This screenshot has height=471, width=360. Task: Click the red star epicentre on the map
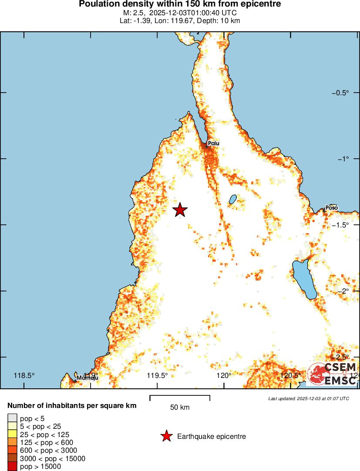point(180,210)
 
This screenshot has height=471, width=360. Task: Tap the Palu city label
point(214,143)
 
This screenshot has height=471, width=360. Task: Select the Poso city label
point(332,208)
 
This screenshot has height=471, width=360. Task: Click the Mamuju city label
point(87,377)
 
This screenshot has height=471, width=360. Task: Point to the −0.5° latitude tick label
point(341,93)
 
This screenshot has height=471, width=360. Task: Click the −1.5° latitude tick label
point(341,225)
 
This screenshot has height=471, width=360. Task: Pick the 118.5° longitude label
point(24,376)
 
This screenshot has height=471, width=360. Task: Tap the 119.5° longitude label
point(157,376)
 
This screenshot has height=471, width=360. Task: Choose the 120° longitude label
point(225,376)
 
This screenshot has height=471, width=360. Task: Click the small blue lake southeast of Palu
point(232,199)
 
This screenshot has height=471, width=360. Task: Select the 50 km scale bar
point(180,398)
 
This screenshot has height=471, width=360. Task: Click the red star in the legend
point(166,436)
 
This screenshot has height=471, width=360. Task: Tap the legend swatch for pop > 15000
point(13,467)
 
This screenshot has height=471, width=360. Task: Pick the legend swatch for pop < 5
point(13,418)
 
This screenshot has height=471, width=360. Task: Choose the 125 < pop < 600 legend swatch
point(13,442)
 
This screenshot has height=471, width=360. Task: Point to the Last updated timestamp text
point(309,398)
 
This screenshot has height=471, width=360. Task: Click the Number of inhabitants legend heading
point(72,406)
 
